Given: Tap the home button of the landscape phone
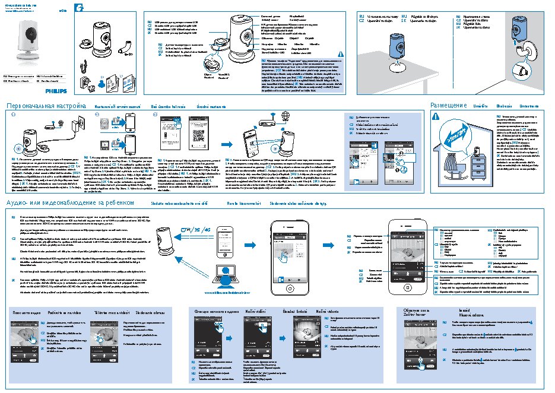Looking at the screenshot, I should point(324,243).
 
